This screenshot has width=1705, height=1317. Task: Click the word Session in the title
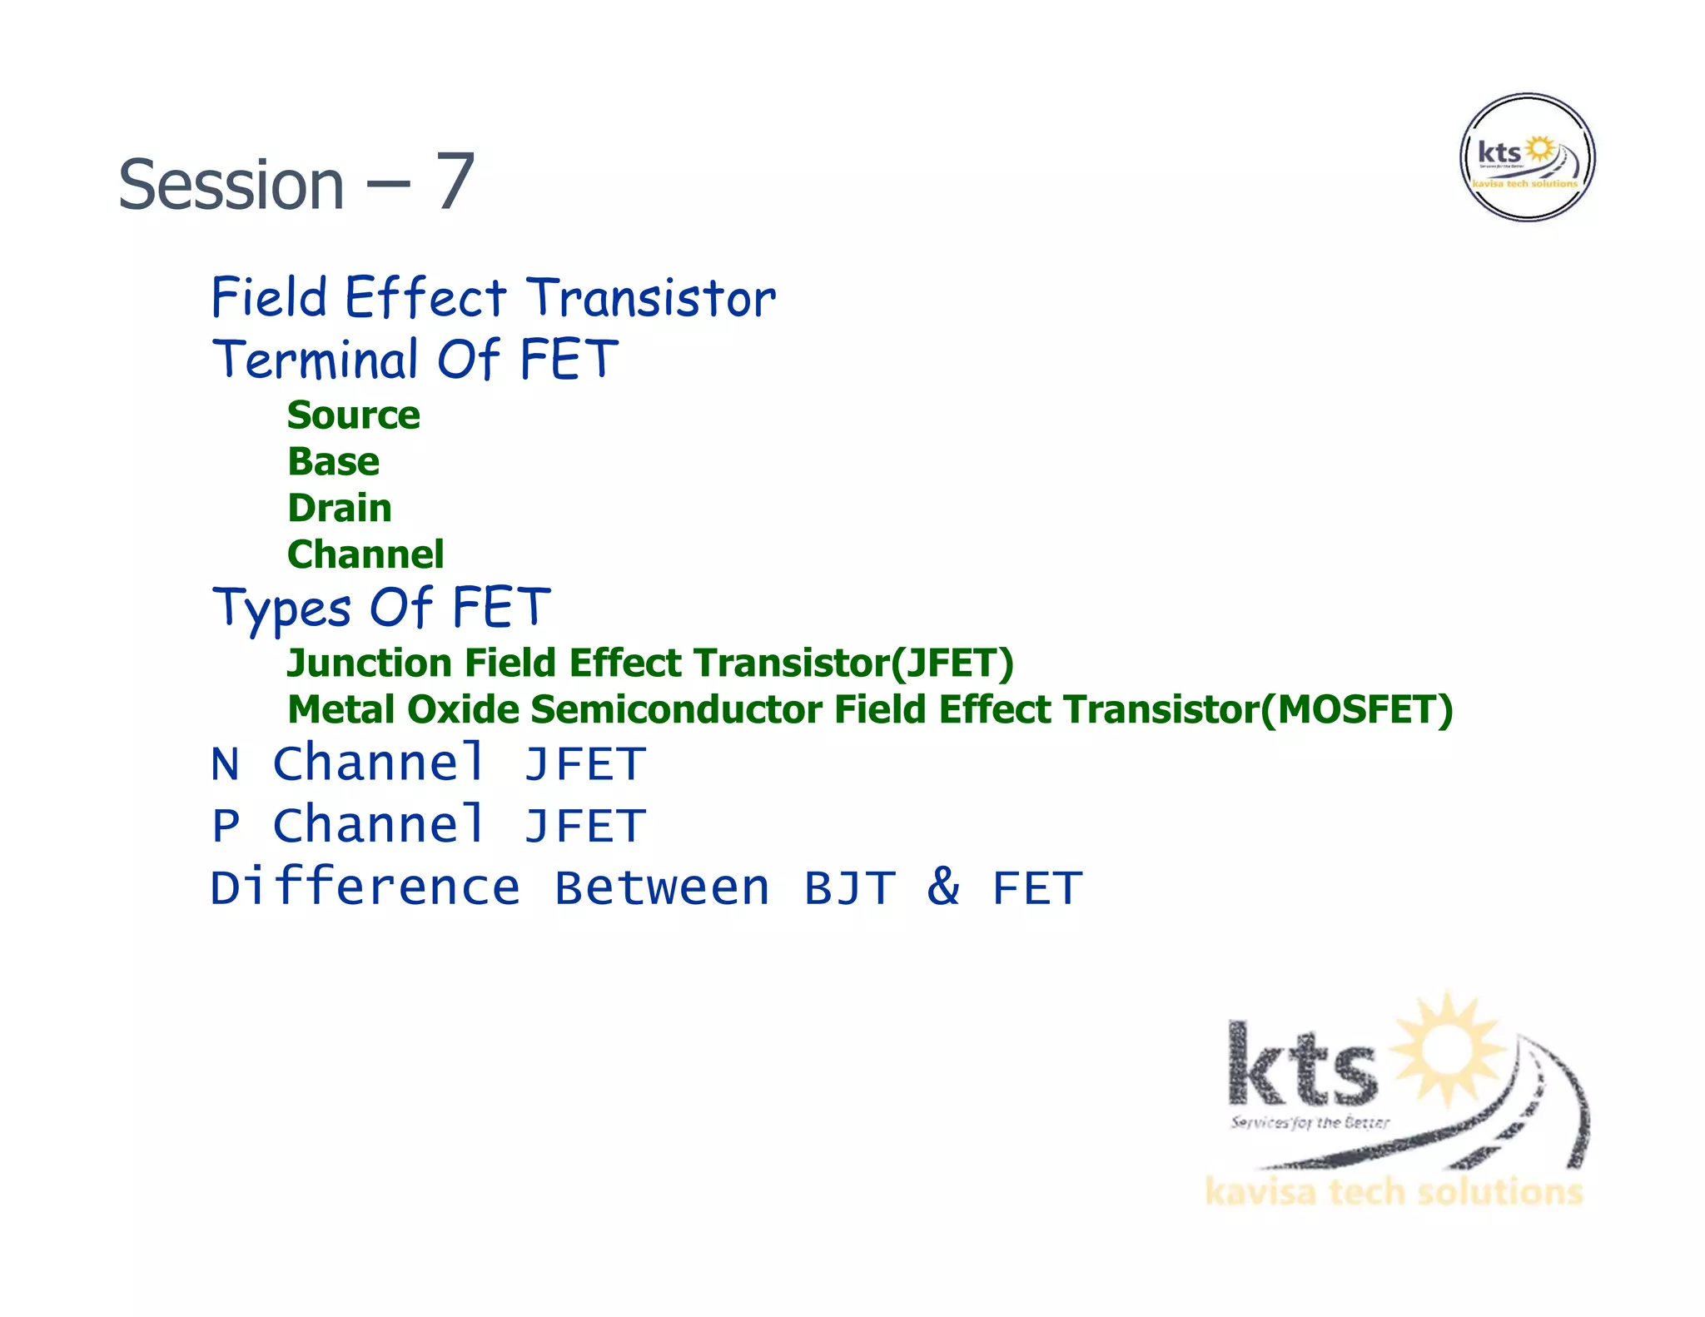[231, 185]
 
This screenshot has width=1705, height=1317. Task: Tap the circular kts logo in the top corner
[1527, 157]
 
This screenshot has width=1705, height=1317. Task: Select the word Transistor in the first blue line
[651, 298]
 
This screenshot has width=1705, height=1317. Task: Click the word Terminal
[316, 360]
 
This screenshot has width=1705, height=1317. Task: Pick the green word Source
[354, 415]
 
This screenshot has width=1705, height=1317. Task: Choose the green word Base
[333, 462]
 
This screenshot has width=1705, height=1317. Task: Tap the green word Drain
[340, 509]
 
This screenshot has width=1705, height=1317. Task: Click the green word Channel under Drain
[365, 555]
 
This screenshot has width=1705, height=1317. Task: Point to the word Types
[281, 609]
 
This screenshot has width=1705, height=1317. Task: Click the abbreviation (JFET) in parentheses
[952, 663]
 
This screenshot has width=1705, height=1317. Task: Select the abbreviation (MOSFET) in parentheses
[1356, 710]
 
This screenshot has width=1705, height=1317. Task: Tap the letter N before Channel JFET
[225, 765]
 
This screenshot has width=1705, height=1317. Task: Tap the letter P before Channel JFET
[225, 827]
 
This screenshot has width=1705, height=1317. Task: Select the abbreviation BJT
[849, 888]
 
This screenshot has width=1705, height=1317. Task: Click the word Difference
[365, 887]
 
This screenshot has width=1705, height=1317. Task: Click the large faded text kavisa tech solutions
[1393, 1192]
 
